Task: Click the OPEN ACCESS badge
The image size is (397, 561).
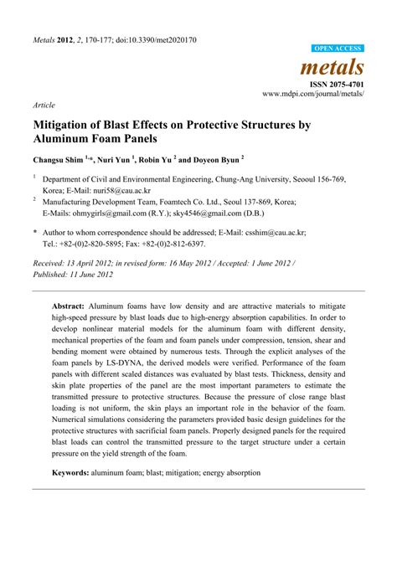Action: pyautogui.click(x=338, y=49)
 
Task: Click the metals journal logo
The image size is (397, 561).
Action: pyautogui.click(x=338, y=66)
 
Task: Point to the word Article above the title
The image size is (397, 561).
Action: pyautogui.click(x=43, y=106)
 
